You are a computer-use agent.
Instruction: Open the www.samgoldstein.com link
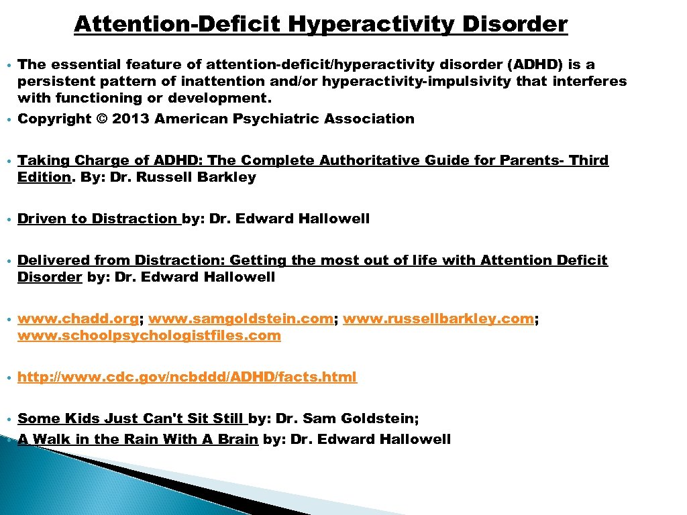tap(241, 319)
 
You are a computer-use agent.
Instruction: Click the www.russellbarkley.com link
tap(438, 319)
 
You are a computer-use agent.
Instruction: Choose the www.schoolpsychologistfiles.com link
tap(149, 336)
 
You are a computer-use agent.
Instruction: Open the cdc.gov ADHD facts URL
tap(187, 378)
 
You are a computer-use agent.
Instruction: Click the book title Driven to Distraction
tap(98, 219)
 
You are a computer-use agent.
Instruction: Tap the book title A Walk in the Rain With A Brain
tap(138, 440)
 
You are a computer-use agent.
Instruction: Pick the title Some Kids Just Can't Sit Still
tap(131, 419)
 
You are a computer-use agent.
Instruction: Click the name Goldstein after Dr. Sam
tap(380, 419)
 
